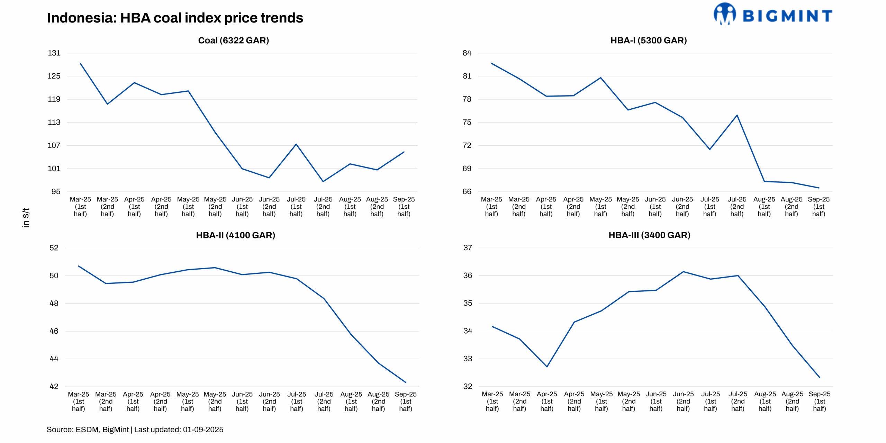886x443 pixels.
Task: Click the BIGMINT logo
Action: pos(772,15)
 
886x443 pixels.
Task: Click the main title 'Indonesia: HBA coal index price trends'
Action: pos(175,18)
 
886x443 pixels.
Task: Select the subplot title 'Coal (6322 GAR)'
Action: pos(233,40)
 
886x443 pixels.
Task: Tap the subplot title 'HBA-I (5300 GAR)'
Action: pos(648,40)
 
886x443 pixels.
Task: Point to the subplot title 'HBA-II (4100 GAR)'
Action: pos(235,235)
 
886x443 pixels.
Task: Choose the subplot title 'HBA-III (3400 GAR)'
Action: pos(649,235)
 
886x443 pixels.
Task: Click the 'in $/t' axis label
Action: pos(26,217)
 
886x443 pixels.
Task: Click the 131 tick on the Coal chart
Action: pos(54,53)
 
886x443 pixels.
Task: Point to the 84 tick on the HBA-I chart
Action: pos(467,53)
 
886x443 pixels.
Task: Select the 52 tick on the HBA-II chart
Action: pos(54,248)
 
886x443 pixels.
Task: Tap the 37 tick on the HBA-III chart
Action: pos(468,248)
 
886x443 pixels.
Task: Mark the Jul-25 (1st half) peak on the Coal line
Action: pos(296,144)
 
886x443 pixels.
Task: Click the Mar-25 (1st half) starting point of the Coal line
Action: pos(81,64)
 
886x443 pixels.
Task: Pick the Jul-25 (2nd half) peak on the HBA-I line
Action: pos(737,115)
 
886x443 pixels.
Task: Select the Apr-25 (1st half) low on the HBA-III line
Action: pos(547,367)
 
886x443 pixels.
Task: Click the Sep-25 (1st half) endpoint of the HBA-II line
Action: pos(406,382)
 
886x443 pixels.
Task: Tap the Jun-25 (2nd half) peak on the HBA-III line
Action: pos(683,272)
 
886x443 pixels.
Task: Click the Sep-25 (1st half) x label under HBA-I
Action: pos(819,206)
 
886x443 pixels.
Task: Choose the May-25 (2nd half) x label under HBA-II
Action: pos(215,401)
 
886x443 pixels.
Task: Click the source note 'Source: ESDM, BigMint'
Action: pos(135,430)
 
